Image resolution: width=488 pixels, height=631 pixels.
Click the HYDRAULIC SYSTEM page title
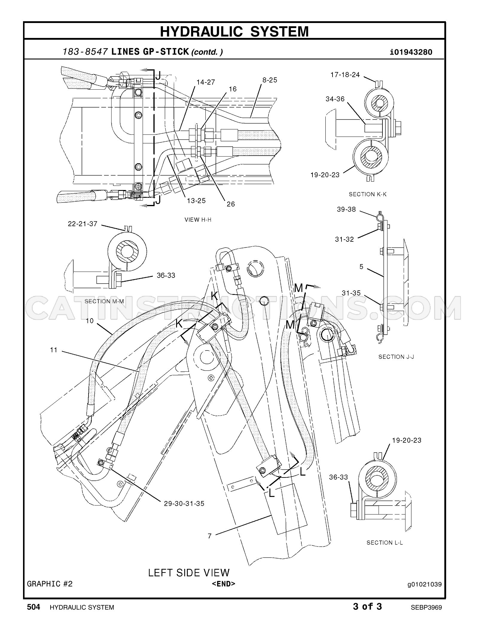click(x=234, y=31)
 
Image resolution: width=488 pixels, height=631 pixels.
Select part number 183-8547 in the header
click(x=85, y=52)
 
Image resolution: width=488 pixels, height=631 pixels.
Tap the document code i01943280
click(x=411, y=52)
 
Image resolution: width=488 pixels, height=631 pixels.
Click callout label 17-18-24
click(x=345, y=75)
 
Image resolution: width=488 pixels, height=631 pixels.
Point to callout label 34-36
click(x=335, y=99)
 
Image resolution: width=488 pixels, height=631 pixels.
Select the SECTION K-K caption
click(x=367, y=194)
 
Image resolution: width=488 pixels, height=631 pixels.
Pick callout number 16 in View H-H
click(x=233, y=89)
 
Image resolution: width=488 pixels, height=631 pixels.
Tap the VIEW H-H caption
click(x=198, y=220)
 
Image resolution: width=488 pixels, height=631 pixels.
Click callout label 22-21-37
click(x=83, y=224)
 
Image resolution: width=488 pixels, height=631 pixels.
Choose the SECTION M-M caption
click(x=104, y=301)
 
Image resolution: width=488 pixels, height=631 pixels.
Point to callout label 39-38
click(x=346, y=209)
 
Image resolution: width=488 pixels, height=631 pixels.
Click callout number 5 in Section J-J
click(x=362, y=266)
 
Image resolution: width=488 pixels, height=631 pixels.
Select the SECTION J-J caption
click(x=396, y=357)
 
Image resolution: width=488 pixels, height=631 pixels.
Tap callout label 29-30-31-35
click(x=184, y=504)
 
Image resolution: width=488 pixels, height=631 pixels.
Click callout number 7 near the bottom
click(x=210, y=536)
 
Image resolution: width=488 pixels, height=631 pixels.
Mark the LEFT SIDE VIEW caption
click(x=189, y=572)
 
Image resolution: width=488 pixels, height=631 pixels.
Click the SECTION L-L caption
click(x=385, y=543)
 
